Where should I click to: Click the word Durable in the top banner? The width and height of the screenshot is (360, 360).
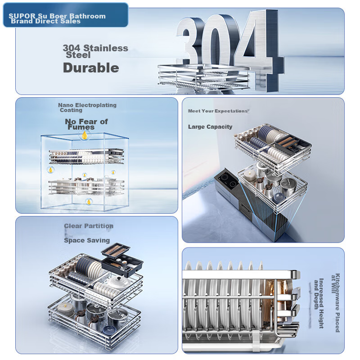click(91, 68)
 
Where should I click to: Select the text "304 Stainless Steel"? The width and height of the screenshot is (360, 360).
click(95, 51)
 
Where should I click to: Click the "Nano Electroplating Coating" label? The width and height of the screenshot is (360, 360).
click(87, 108)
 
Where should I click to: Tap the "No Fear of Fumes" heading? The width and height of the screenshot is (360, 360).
click(86, 124)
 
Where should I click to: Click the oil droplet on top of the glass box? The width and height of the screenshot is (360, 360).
click(85, 135)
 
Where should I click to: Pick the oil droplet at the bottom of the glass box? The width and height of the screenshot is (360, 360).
click(89, 202)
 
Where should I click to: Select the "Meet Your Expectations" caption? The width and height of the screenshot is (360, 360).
click(218, 111)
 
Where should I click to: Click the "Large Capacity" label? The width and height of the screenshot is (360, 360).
click(210, 127)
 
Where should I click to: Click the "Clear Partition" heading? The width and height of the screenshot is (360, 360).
click(89, 226)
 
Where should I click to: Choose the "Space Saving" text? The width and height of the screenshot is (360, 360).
click(87, 240)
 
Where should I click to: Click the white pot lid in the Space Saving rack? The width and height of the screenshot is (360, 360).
click(119, 282)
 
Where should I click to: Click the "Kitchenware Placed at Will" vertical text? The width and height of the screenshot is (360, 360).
click(335, 302)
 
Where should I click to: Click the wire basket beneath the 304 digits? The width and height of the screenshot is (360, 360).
click(204, 77)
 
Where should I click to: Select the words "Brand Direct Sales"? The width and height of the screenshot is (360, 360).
click(46, 21)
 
